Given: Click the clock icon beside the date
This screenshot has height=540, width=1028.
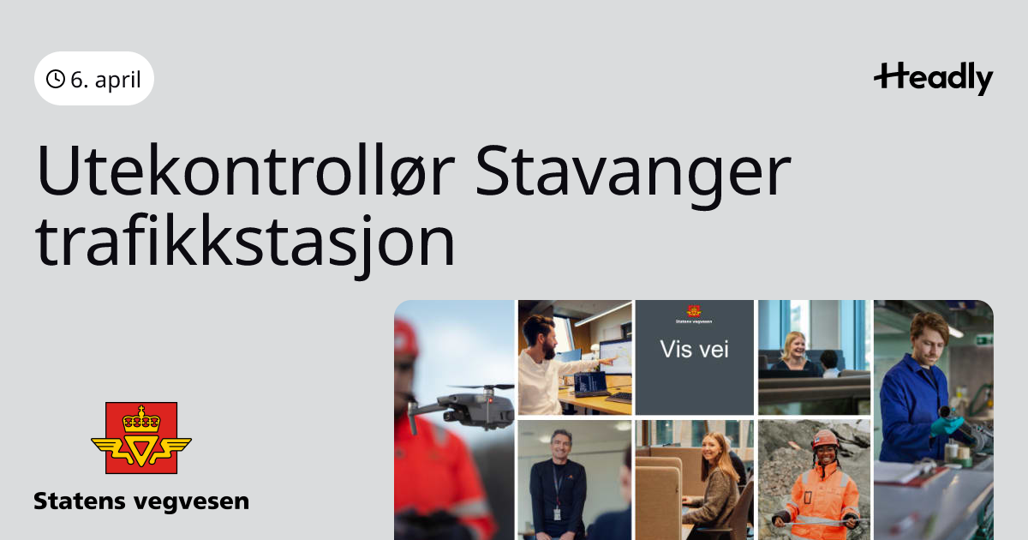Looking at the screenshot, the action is [56, 79].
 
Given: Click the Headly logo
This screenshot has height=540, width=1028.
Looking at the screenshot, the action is [934, 79].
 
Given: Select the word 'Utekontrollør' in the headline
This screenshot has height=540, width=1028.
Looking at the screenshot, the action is [246, 171].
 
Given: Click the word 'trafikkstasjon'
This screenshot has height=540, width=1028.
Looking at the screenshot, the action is [245, 244].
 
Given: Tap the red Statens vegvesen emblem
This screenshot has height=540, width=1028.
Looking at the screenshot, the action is [141, 438].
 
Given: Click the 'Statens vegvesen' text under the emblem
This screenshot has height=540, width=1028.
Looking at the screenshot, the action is [141, 501].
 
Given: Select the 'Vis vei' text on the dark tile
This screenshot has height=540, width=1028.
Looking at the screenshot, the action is [695, 350].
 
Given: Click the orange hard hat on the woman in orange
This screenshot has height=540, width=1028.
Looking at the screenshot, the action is [825, 439].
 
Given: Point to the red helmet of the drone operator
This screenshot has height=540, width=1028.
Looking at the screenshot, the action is [406, 339].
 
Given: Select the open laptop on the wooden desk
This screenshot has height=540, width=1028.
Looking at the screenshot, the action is [591, 385].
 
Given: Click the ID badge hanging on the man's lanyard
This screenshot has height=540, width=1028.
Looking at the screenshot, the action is [557, 513].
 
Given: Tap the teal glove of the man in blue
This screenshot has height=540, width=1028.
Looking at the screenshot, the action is [946, 427].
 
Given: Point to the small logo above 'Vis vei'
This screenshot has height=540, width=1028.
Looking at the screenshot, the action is [693, 311].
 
